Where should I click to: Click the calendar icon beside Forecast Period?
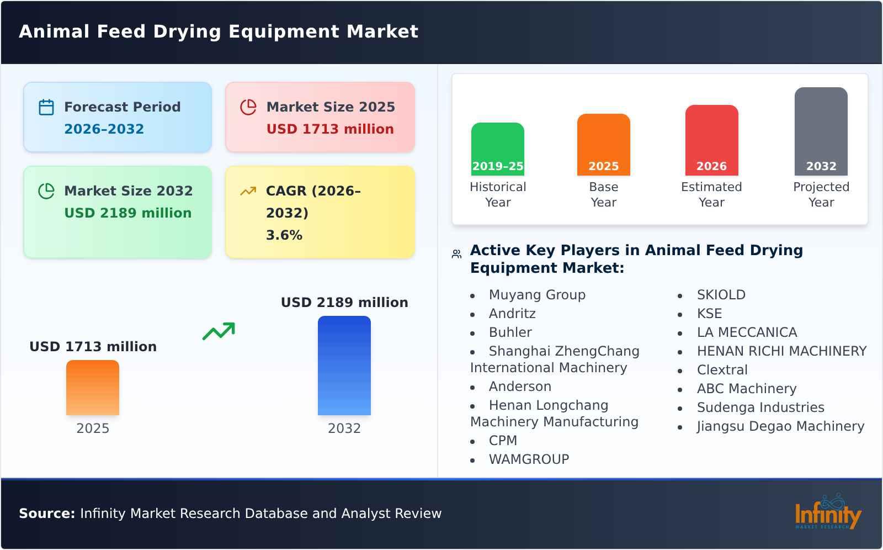[46, 107]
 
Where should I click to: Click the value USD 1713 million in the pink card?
[330, 129]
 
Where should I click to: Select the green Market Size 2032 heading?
[128, 191]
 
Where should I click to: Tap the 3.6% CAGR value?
[284, 235]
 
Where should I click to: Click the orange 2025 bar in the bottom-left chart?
[93, 388]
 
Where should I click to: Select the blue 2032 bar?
[344, 366]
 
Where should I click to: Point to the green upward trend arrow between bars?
[219, 331]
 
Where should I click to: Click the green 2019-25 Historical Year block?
[497, 149]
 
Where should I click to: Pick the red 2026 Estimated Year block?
[711, 140]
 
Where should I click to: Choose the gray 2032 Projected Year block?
[821, 131]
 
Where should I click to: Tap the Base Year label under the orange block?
[603, 194]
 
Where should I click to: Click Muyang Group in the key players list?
[537, 295]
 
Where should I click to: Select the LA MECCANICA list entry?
[747, 332]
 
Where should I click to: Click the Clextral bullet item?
[722, 370]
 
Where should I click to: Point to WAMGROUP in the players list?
[529, 459]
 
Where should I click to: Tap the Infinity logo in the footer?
[827, 512]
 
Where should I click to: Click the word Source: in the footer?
[47, 514]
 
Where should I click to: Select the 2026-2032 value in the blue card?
[104, 129]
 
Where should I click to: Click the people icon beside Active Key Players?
[456, 254]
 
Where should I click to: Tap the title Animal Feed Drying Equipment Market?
[219, 31]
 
